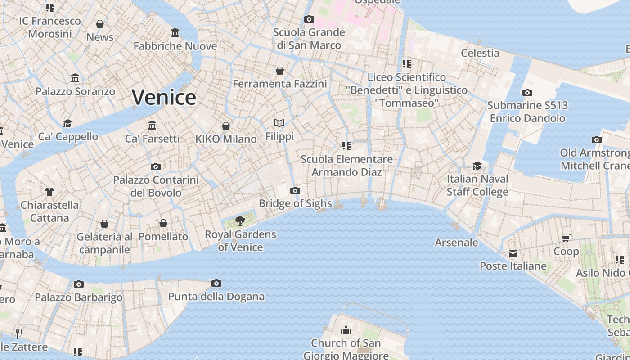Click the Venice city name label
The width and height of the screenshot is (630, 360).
point(164,97)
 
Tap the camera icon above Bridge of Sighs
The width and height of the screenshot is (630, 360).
point(295,190)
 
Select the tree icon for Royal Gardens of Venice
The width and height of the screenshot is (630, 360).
point(240,220)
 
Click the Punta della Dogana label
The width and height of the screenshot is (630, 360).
point(216,297)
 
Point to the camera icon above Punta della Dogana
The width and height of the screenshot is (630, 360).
point(216,283)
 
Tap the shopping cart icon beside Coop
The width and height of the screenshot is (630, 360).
point(566,238)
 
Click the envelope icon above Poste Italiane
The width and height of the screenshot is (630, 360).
point(513,253)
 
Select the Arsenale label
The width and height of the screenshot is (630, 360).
point(456,243)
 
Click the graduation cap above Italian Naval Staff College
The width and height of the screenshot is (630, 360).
point(477,166)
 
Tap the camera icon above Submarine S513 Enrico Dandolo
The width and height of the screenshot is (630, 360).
point(527,92)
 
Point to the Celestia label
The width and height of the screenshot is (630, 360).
point(480,53)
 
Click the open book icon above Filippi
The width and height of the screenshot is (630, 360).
point(279,123)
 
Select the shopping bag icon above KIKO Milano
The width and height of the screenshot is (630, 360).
point(226,126)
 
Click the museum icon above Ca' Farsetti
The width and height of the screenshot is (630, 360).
point(152,125)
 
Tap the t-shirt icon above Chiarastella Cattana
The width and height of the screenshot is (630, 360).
point(49,191)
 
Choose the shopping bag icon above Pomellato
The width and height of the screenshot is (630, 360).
point(163,223)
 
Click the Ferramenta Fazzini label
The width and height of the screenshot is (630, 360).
point(279,84)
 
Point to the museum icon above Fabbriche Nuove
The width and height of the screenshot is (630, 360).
point(175,33)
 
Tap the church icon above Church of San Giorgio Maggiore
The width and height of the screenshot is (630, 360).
point(346,330)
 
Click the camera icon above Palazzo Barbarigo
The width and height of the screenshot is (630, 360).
point(79,284)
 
